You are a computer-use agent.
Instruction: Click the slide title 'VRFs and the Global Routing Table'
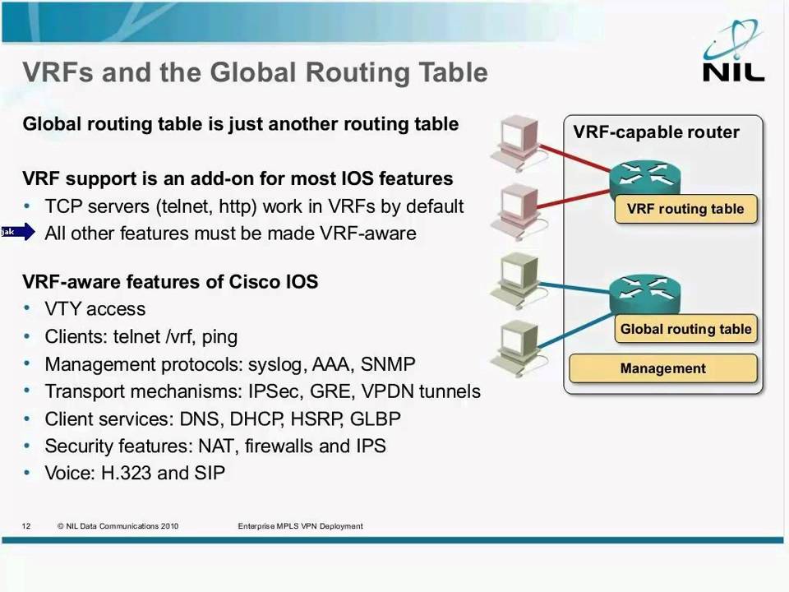[255, 72]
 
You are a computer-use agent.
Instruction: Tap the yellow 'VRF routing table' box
[685, 209]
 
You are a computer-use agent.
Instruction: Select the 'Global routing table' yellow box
[685, 329]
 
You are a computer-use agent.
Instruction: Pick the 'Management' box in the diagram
[662, 368]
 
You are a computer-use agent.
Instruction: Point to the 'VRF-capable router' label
[656, 132]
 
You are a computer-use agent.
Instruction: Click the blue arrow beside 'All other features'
[18, 233]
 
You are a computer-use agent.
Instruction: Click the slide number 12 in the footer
[26, 526]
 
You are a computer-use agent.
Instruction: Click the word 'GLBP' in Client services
[376, 419]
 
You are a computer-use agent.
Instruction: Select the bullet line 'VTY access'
[95, 309]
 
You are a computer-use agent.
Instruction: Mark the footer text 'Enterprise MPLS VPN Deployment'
[300, 526]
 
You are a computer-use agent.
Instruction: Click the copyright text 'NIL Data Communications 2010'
[122, 526]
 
